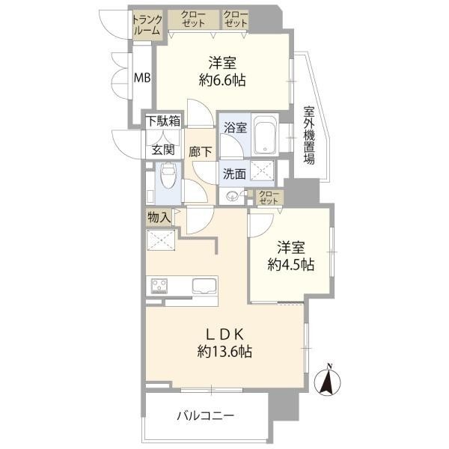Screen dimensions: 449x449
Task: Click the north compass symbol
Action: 328,380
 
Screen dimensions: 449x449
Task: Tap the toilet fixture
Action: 168,175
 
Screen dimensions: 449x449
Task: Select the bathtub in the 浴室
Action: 266,135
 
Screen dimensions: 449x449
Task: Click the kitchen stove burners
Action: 159,286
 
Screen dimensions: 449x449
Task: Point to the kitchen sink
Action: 205,286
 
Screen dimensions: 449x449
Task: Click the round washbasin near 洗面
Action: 232,196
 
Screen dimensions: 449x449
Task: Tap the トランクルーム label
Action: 147,25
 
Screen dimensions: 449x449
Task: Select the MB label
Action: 142,78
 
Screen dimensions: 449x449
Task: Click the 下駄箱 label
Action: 163,121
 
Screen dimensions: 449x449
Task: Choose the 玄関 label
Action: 163,150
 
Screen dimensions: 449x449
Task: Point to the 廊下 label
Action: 200,151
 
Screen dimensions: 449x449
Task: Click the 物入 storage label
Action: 159,217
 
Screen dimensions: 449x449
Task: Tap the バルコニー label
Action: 205,415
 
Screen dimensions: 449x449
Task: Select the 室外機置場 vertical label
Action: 309,135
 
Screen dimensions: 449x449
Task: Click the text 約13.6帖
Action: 224,351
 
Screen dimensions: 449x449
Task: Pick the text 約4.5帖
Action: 291,264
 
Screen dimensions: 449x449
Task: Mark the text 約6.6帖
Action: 222,80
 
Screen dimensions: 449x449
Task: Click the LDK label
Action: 224,334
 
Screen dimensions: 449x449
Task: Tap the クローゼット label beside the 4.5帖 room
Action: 269,198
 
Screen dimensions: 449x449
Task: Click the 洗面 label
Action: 234,174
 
